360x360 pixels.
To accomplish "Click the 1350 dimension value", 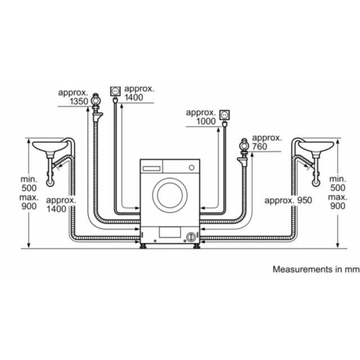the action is tap(79, 101).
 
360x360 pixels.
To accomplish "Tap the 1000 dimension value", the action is tap(206, 121).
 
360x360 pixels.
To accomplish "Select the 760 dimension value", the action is tap(260, 146).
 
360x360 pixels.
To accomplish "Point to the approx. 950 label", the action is tap(288, 200).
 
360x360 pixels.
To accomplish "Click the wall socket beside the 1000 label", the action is tap(224, 115).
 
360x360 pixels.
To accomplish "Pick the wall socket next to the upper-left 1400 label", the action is tap(115, 91).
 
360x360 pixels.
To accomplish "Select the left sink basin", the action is tap(50, 146).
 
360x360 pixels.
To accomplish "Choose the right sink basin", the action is tap(316, 146).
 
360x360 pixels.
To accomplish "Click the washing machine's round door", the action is tap(170, 195).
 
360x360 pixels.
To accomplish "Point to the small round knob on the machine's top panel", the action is tap(192, 168).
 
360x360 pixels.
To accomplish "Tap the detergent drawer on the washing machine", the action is tap(151, 168).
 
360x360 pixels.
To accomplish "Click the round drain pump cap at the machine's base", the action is tap(191, 237).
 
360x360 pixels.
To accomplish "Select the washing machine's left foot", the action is tap(144, 246).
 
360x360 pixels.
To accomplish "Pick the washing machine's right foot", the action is tap(197, 246).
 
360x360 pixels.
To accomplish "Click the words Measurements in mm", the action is tap(316, 269).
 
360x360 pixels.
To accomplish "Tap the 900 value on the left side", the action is tap(29, 206).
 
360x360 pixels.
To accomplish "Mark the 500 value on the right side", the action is tap(337, 188).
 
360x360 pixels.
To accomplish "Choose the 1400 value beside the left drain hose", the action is tap(56, 209).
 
